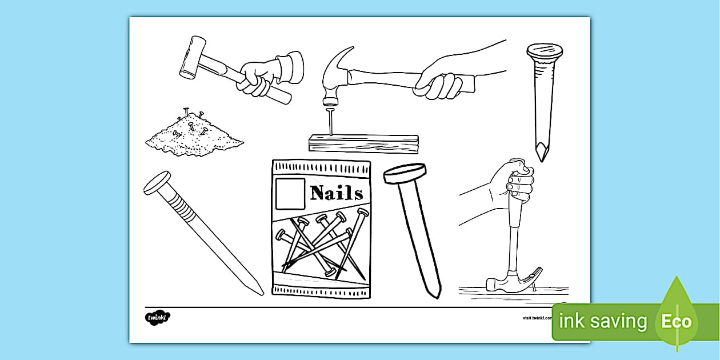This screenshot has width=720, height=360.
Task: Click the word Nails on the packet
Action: point(336,193)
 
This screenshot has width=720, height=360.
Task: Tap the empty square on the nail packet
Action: point(290,194)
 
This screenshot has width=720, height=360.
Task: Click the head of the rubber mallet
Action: point(192,58)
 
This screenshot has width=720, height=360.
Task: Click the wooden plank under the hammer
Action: point(363,143)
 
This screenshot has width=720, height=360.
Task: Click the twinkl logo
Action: point(158,317)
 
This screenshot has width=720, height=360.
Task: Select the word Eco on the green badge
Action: point(677,321)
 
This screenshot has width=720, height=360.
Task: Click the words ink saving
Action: point(603,321)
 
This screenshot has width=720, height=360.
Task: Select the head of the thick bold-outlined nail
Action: point(406,174)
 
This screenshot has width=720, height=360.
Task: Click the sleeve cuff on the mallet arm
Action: point(290,67)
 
